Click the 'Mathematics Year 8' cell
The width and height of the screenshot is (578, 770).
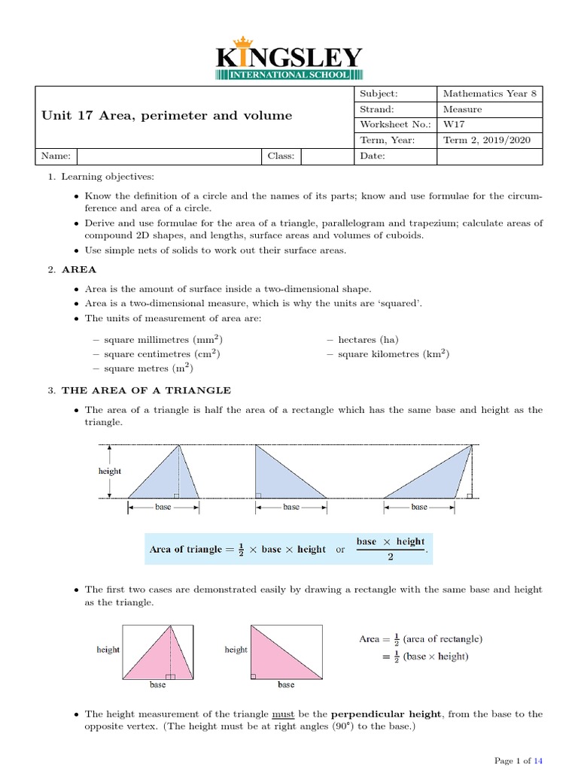pyautogui.click(x=489, y=94)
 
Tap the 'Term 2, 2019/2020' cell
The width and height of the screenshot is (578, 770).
pyautogui.click(x=489, y=140)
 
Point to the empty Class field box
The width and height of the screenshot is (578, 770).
pyautogui.click(x=326, y=156)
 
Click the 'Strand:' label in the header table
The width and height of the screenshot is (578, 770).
pyautogui.click(x=378, y=110)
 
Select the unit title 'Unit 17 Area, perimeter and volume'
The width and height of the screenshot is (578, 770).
pyautogui.click(x=167, y=116)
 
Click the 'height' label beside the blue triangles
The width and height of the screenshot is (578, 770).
pyautogui.click(x=110, y=471)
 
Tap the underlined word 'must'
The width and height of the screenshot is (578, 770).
pyautogui.click(x=282, y=714)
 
